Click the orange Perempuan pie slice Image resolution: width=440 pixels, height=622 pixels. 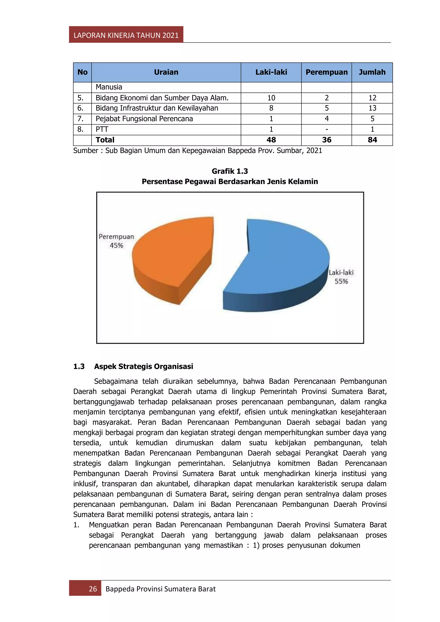pyautogui.click(x=173, y=252)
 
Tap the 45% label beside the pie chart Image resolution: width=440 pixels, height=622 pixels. pyautogui.click(x=116, y=245)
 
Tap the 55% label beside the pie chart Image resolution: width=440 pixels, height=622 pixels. pyautogui.click(x=341, y=282)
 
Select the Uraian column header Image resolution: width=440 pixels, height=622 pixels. pyautogui.click(x=166, y=72)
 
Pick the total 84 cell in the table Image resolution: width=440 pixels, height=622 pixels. pyautogui.click(x=372, y=140)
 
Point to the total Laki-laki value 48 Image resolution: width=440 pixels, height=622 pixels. pyautogui.click(x=271, y=140)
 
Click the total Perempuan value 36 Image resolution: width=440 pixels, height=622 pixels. pyautogui.click(x=327, y=140)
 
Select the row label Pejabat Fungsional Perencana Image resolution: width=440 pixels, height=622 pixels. pyautogui.click(x=144, y=119)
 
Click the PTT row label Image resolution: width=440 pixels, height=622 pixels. pyautogui.click(x=102, y=129)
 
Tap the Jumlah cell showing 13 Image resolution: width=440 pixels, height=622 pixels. pyautogui.click(x=372, y=108)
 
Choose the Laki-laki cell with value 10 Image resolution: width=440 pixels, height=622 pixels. pyautogui.click(x=271, y=98)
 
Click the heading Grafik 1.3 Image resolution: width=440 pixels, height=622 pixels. pyautogui.click(x=230, y=171)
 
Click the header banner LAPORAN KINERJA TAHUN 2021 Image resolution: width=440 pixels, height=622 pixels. pyautogui.click(x=126, y=35)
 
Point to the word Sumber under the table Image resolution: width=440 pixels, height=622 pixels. pyautogui.click(x=86, y=151)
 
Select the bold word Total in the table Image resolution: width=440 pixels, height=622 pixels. pyautogui.click(x=105, y=140)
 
